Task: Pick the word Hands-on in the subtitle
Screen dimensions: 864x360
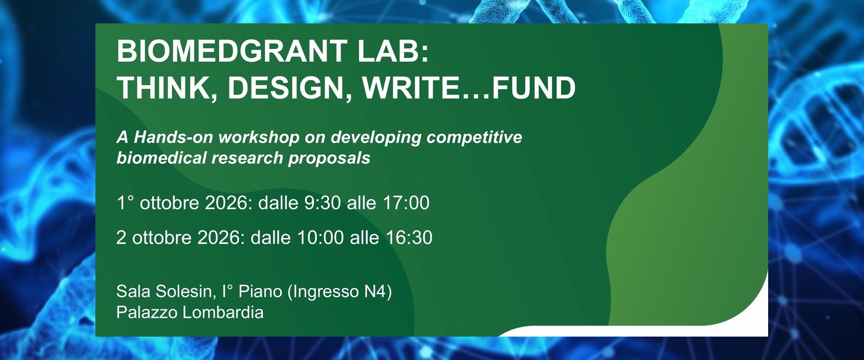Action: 173,137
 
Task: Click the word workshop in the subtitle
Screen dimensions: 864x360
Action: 259,137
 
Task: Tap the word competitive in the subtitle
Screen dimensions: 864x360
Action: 474,137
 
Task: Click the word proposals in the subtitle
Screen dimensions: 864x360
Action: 329,158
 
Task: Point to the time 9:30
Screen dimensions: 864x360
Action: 323,203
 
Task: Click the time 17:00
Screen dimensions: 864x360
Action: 406,203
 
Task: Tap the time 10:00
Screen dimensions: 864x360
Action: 320,238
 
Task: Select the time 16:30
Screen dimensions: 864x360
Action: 409,238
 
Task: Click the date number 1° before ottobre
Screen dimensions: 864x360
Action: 125,203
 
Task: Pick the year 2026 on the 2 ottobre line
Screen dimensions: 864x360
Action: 221,238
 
